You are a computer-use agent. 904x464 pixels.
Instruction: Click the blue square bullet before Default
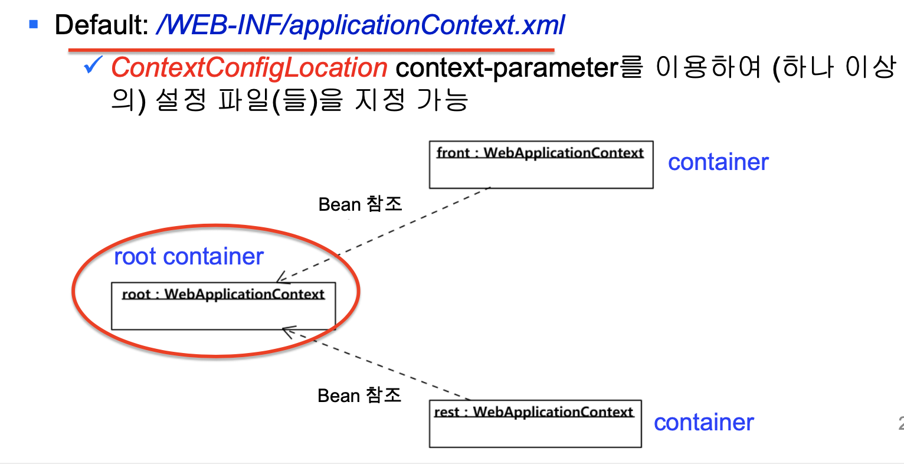(x=34, y=25)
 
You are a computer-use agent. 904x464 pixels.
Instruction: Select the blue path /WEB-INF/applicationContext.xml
(x=360, y=25)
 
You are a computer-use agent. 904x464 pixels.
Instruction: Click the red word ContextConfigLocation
(x=249, y=68)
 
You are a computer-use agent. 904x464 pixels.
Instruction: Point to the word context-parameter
(x=506, y=68)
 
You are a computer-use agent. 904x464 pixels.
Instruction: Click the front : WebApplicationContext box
(x=541, y=165)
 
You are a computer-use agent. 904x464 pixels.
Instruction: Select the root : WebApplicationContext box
(x=223, y=306)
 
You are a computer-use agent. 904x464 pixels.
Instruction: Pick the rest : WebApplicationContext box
(x=535, y=424)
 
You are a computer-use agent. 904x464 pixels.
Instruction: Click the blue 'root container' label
(x=188, y=256)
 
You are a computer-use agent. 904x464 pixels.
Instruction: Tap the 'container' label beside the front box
(x=718, y=162)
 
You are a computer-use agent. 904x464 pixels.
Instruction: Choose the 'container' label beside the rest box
(x=703, y=423)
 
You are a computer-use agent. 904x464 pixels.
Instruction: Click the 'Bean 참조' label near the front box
(x=360, y=204)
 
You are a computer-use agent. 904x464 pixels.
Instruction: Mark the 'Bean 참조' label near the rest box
(x=359, y=395)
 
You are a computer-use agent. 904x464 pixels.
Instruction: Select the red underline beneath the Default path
(x=311, y=50)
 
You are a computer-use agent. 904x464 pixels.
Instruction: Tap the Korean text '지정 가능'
(x=411, y=100)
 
